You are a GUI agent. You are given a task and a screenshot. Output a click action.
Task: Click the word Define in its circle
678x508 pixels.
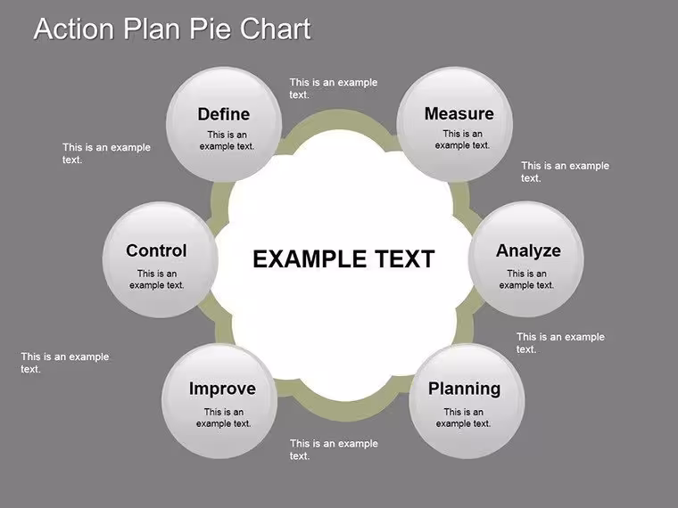224,114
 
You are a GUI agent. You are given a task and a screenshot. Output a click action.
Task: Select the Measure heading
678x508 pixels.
459,113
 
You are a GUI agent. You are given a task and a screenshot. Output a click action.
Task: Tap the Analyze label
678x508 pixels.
528,251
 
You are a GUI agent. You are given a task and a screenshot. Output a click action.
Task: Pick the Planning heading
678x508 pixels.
465,389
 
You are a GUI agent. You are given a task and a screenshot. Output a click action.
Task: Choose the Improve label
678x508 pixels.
222,389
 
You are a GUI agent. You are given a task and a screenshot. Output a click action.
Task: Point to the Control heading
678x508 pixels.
156,250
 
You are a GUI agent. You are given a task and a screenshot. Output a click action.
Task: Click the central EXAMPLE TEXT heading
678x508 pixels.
343,258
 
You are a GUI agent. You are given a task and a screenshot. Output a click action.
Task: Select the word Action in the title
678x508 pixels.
73,29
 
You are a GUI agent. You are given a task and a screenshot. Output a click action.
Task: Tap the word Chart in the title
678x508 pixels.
276,29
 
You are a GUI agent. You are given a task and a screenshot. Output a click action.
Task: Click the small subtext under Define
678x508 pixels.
227,141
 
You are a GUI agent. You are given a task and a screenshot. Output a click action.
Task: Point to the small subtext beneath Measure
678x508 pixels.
462,140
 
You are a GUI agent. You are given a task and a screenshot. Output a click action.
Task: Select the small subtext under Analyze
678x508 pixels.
526,279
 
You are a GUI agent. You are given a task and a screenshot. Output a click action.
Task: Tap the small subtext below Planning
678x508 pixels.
463,418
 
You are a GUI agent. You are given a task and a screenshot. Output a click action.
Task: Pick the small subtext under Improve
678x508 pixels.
224,418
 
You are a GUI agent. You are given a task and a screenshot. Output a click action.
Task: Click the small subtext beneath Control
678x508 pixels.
156,279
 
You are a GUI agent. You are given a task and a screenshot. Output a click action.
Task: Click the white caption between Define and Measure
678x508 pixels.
334,88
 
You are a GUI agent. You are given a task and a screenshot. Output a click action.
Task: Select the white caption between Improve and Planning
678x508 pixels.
334,449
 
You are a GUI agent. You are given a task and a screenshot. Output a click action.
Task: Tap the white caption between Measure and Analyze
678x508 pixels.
565,171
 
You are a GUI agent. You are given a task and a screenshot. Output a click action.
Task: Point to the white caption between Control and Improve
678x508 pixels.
65,363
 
